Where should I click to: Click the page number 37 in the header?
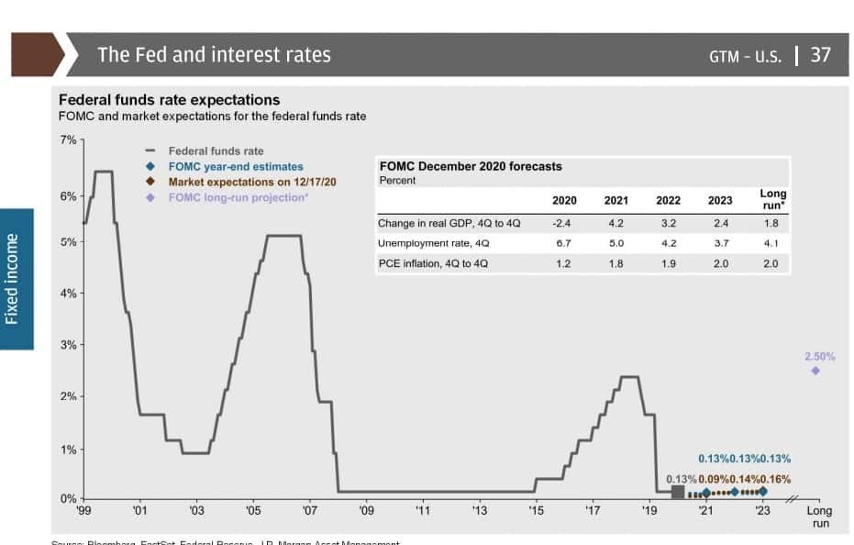pos(820,54)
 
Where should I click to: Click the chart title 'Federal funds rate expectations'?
pos(169,100)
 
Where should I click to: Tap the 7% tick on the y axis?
pos(70,139)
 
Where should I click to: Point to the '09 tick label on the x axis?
pos(366,510)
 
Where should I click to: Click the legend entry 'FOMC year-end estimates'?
pos(235,166)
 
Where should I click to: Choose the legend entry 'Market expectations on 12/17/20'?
pos(252,182)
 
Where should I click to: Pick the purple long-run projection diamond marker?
pos(815,371)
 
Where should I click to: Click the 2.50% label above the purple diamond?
pos(819,356)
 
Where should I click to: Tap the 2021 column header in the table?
pos(616,200)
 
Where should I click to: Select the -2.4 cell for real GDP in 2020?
pos(564,223)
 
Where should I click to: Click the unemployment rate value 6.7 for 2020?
pos(564,243)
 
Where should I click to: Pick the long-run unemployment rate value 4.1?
pos(771,243)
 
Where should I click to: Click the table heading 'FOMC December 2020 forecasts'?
pos(470,166)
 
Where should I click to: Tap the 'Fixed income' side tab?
pos(13,279)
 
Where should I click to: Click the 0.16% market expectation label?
pos(775,479)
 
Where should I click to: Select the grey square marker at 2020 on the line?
pos(678,493)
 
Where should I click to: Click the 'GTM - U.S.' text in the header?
pos(744,55)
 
